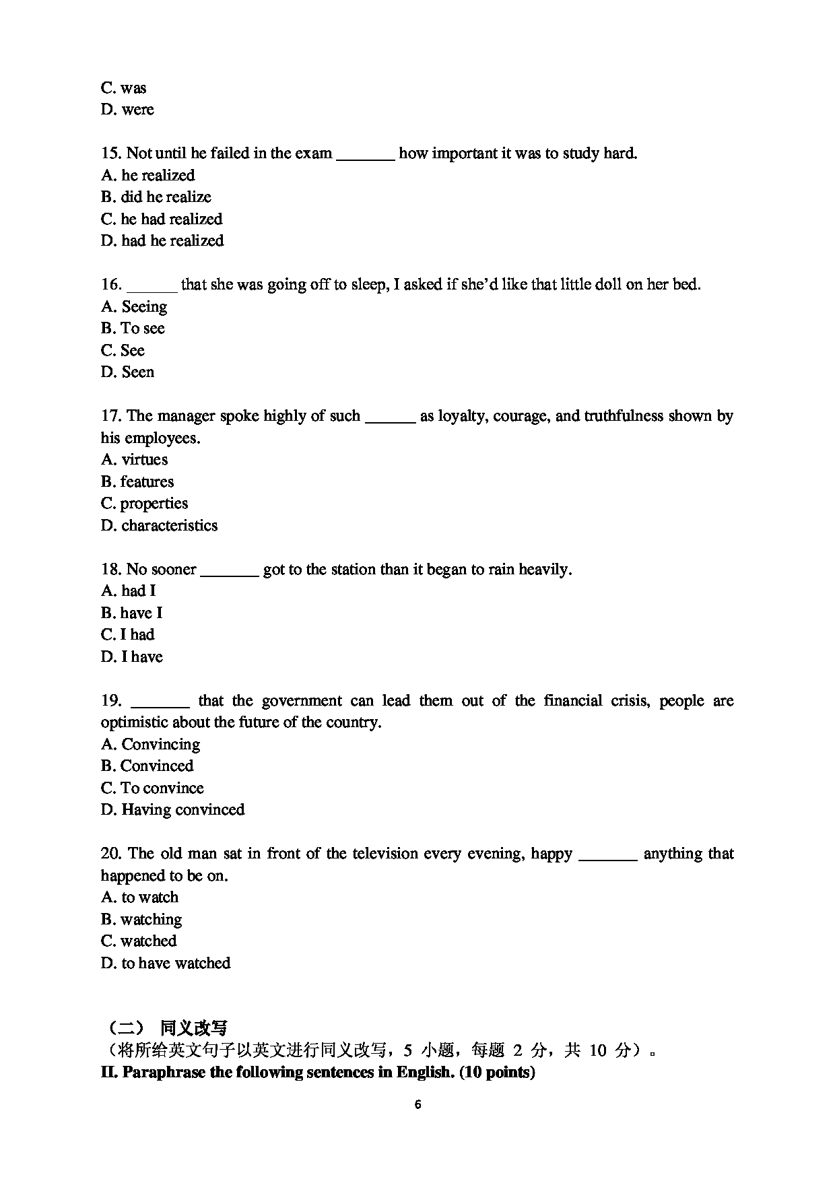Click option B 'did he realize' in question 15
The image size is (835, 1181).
156,197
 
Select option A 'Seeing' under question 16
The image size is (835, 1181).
134,307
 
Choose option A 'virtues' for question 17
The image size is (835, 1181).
134,460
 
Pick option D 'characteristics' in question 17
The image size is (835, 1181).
159,526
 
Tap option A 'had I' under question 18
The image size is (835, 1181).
128,591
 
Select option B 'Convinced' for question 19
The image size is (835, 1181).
147,766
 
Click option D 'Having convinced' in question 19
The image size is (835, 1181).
172,810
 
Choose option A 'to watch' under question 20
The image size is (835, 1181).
139,898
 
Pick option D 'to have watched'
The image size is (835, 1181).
166,964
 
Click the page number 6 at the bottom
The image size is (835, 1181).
418,1104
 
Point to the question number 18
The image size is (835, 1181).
110,570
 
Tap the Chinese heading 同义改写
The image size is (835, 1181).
193,1028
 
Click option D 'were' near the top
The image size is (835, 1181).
127,110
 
